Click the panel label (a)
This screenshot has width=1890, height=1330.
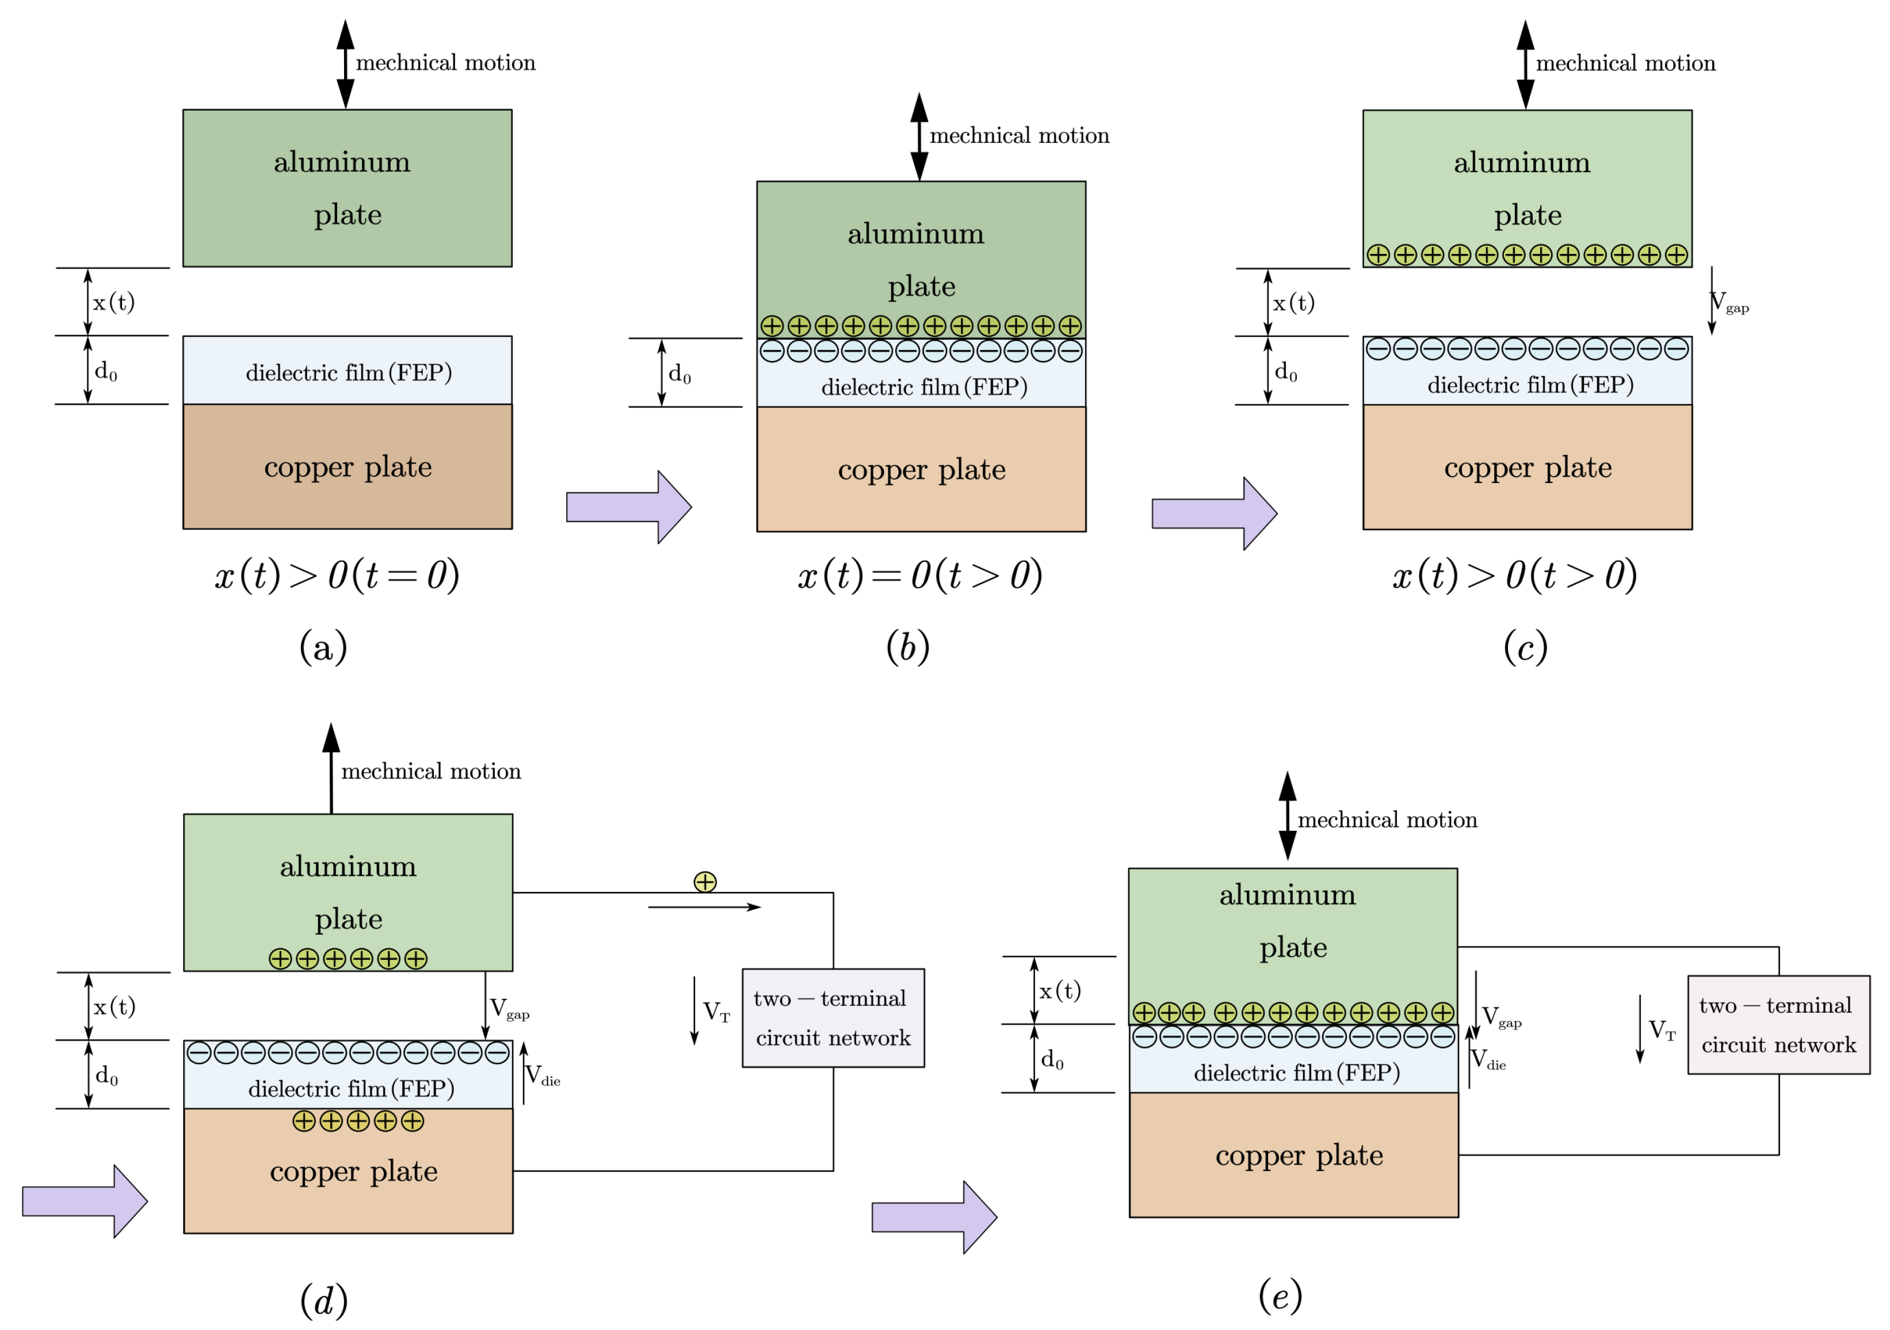pos(323,647)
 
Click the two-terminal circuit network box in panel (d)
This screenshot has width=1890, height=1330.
pos(833,1018)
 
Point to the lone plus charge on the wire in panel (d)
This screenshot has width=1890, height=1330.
pos(705,882)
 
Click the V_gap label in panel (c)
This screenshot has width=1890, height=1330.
pos(1729,302)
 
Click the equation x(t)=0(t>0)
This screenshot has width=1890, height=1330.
pos(919,575)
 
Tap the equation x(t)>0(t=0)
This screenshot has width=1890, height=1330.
pos(337,575)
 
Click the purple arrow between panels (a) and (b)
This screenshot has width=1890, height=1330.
pos(629,507)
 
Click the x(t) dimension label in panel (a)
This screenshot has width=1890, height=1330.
pos(113,302)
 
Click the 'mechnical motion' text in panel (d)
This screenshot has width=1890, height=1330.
pos(432,771)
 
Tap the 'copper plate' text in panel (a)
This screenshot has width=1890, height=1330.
pos(348,467)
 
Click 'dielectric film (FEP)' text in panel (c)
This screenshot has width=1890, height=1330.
pos(1530,385)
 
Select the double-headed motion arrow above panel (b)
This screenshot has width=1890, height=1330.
pos(919,136)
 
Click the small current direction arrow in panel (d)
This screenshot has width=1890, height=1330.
pos(705,907)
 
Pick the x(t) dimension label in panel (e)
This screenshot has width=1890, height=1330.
pos(1060,991)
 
